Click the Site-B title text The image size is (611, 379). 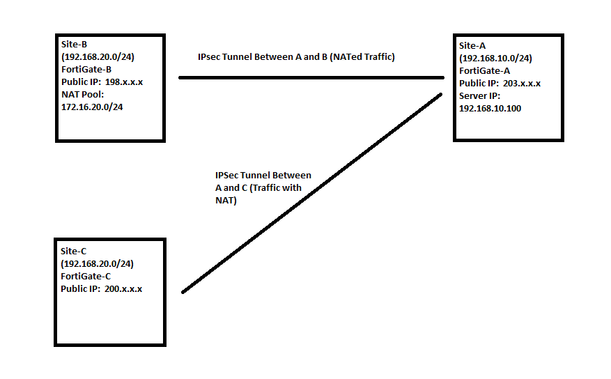click(70, 44)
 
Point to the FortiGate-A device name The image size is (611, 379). click(485, 70)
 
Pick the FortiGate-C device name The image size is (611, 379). click(86, 276)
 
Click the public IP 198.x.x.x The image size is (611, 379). click(123, 82)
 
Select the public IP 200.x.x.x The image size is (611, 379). click(123, 288)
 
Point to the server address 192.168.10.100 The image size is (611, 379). click(490, 109)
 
